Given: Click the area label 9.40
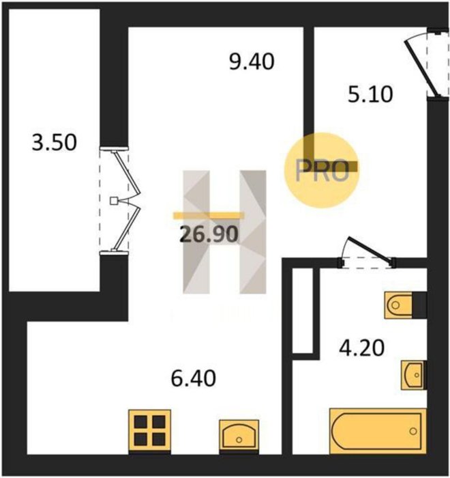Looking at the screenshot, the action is coord(252,62).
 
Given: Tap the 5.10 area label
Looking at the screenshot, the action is coord(370,94).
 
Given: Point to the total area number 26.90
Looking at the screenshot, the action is coord(209,234).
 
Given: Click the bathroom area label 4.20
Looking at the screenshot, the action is coord(362,348).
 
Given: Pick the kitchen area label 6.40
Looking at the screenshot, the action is coord(194,378).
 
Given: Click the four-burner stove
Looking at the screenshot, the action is coord(149,431).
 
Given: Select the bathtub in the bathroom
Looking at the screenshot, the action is coord(378,431).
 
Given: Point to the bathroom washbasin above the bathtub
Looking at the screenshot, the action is coord(414,375).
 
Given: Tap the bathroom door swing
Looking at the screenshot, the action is coord(367,252).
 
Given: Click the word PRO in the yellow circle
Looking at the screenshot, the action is coord(322,171).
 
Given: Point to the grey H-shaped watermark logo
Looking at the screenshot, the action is coord(224,232).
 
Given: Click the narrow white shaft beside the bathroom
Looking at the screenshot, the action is coord(303,311).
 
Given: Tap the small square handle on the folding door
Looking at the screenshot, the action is coord(114,201).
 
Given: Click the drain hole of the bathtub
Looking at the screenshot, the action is coord(413,431).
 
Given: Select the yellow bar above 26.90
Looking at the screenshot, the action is coord(209,216).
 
